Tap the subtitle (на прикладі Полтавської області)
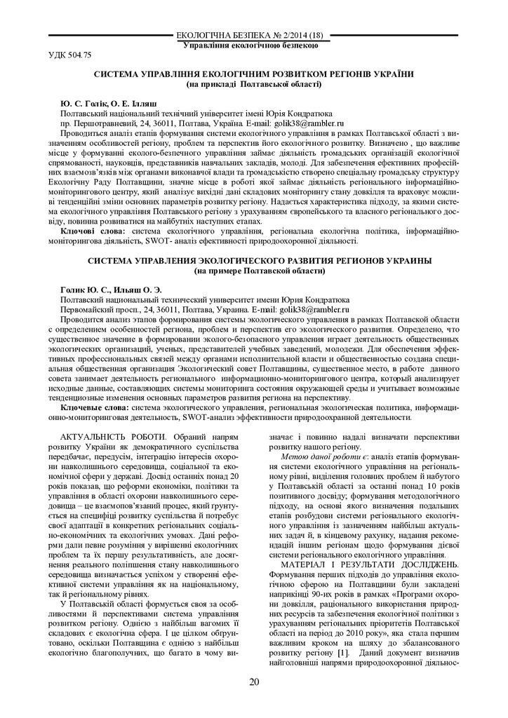click(x=254, y=84)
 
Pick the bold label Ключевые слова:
click(x=95, y=407)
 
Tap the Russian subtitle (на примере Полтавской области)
click(x=254, y=270)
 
